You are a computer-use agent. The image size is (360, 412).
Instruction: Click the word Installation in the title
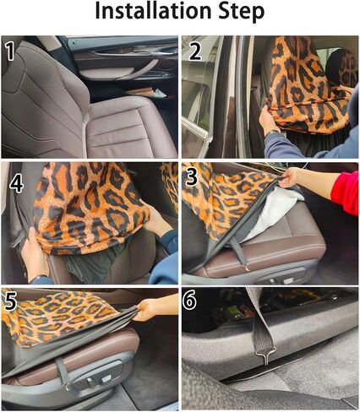click(153, 11)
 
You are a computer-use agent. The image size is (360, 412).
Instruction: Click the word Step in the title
click(241, 12)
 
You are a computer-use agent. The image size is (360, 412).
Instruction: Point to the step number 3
click(192, 176)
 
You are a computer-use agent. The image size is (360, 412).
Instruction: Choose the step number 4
click(16, 183)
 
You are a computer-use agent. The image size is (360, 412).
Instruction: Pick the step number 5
click(10, 301)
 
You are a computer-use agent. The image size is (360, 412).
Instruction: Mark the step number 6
click(189, 300)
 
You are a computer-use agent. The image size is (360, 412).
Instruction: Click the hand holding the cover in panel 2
click(268, 120)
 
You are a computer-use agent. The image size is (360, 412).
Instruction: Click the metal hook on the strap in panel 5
click(68, 388)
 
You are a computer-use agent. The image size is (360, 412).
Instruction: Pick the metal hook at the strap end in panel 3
click(248, 268)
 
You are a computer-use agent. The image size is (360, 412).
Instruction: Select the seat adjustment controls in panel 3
click(281, 280)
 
